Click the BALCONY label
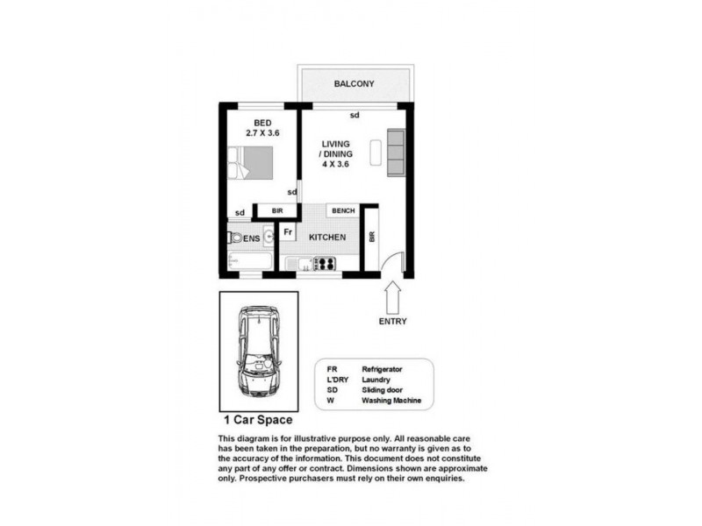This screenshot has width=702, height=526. tap(354, 84)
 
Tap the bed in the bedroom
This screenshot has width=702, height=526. tap(252, 164)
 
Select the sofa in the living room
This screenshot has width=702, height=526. tap(397, 152)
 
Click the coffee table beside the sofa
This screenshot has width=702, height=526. tap(376, 152)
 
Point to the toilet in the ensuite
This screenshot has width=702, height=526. tap(233, 238)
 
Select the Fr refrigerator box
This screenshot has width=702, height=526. tap(288, 232)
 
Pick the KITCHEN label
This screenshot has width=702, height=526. tap(326, 238)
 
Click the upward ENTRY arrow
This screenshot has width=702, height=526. tap(392, 295)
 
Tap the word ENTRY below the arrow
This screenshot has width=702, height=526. tap(392, 321)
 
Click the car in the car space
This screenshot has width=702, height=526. tap(258, 352)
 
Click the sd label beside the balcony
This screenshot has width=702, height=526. tap(355, 115)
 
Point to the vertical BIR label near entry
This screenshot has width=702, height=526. tap(371, 238)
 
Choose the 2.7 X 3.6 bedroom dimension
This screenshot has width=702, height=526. tap(261, 133)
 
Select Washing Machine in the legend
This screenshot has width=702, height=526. tap(391, 401)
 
